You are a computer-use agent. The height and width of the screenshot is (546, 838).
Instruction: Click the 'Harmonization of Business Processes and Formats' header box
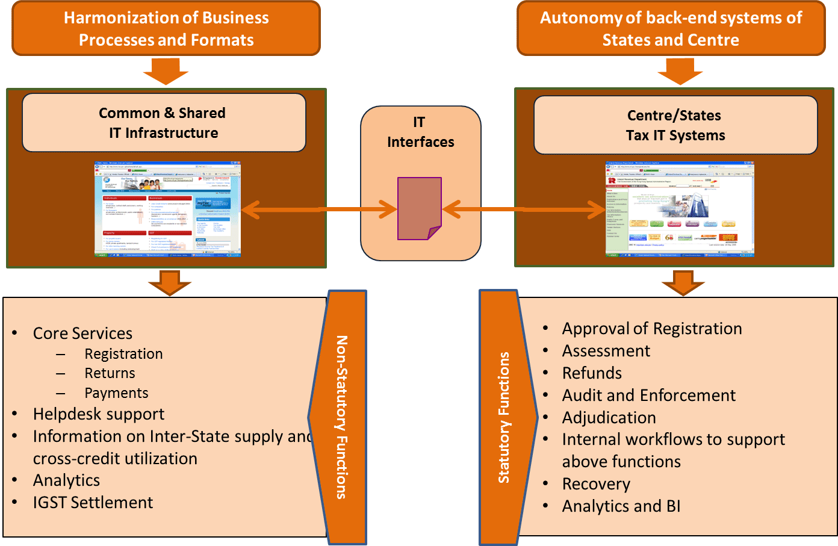[166, 28]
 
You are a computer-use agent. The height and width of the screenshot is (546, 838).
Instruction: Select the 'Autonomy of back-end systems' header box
[671, 28]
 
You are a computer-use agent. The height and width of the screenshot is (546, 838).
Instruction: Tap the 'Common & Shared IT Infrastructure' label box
[164, 123]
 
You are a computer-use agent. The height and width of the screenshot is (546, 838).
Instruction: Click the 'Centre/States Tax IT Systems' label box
[675, 125]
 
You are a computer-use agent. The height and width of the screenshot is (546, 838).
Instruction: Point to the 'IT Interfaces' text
[420, 132]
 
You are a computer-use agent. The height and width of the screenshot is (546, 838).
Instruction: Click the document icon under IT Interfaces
[419, 208]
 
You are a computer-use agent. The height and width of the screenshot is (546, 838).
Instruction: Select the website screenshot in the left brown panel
[167, 209]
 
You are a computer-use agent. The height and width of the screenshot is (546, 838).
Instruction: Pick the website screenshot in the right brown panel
[679, 209]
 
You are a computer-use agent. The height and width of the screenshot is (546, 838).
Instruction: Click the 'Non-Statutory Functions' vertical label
[342, 417]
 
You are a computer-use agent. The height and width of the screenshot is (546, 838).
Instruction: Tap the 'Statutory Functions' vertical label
[504, 417]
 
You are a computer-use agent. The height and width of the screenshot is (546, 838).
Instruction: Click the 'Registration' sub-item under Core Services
[123, 354]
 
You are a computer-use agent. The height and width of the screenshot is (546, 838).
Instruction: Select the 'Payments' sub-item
[116, 393]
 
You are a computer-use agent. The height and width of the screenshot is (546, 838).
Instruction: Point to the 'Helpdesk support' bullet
[99, 414]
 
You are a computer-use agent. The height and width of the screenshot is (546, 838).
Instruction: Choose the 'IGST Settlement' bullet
[93, 503]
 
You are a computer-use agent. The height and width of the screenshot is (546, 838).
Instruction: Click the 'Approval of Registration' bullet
[651, 329]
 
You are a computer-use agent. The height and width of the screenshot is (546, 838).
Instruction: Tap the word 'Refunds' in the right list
[592, 373]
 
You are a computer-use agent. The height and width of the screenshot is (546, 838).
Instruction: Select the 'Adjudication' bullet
[609, 418]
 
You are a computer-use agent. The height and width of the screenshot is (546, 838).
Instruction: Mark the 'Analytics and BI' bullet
[621, 506]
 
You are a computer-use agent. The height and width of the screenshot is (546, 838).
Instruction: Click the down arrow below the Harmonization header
[166, 71]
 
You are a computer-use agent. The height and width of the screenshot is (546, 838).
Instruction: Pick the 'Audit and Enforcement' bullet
[648, 396]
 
